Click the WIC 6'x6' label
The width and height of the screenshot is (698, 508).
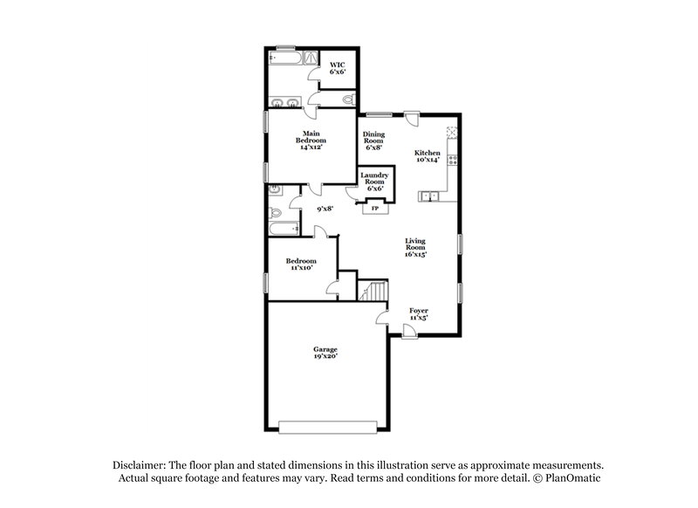(x=338, y=68)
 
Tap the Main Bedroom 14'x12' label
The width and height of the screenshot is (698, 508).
(x=311, y=140)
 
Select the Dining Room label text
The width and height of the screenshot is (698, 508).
(x=373, y=137)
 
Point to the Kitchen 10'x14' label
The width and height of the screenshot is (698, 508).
(x=428, y=156)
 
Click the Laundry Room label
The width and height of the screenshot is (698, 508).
(x=374, y=179)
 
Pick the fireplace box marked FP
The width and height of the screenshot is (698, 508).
(x=375, y=208)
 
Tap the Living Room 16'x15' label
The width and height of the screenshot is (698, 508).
(x=415, y=248)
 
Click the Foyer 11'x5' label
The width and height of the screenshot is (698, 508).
(x=419, y=314)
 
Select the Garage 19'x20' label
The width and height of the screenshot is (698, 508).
(x=325, y=353)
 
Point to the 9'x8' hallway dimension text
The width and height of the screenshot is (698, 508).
(x=325, y=209)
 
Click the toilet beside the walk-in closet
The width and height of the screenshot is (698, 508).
(x=350, y=99)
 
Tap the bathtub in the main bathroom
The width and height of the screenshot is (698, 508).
(x=285, y=58)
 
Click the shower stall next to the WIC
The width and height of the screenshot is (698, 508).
(x=311, y=58)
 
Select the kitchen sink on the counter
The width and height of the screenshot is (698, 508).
(x=428, y=196)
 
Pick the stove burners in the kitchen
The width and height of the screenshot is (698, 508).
(x=453, y=160)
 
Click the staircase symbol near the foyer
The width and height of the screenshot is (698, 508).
(x=373, y=291)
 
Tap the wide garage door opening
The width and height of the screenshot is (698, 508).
(x=328, y=427)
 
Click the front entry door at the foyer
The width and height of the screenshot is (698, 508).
(x=409, y=332)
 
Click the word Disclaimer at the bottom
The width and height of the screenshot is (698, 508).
(x=140, y=465)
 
